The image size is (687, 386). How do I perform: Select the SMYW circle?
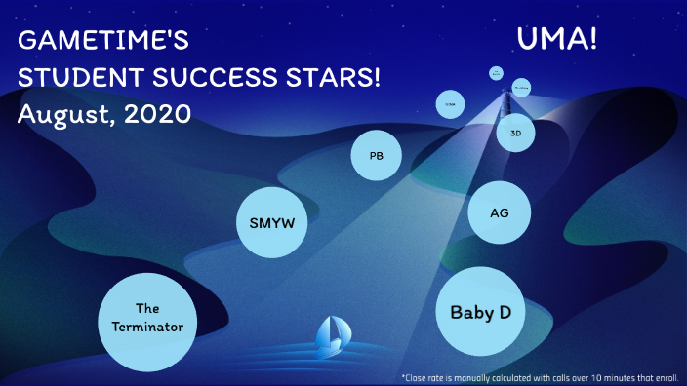point(265,222)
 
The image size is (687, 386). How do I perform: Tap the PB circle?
point(376,156)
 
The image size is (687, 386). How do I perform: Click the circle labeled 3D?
point(515,133)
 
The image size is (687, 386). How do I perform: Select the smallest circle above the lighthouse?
point(497,73)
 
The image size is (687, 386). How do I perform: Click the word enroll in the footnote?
point(665,376)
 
